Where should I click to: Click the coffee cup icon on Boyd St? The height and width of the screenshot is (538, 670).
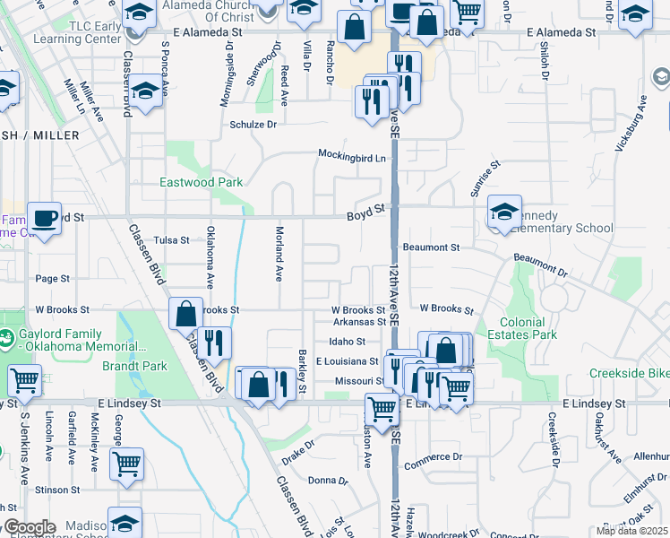43,217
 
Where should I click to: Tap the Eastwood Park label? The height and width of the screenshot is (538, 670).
201,182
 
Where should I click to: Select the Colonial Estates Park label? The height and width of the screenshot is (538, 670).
522,328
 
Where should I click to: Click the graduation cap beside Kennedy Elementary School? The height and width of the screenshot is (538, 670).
505,212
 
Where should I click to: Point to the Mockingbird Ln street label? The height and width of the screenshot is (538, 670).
354,156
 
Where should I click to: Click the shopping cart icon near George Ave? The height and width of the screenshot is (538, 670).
126,464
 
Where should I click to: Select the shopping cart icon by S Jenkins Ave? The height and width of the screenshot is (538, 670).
23,380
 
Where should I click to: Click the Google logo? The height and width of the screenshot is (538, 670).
30,527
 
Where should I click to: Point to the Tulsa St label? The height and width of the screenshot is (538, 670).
171,240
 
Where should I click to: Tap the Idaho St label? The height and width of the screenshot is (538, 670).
347,342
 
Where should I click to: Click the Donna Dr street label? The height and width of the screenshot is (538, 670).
327,481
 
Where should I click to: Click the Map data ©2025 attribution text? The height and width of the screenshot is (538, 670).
631,531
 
